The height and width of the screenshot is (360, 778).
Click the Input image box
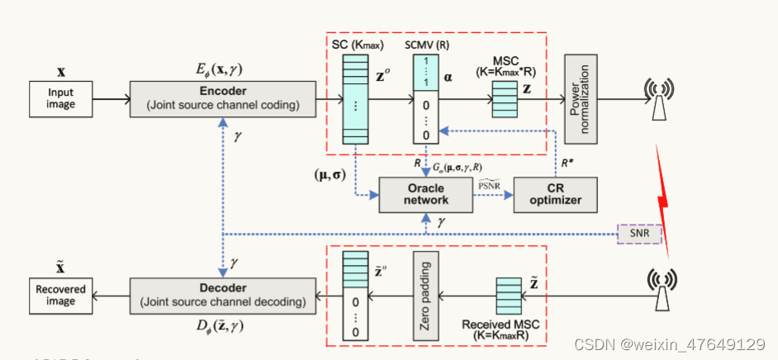[61, 98]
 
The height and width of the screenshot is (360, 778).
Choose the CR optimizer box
[554, 193]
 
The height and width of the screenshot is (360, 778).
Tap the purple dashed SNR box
[638, 234]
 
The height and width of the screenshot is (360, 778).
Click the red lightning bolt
[664, 199]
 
